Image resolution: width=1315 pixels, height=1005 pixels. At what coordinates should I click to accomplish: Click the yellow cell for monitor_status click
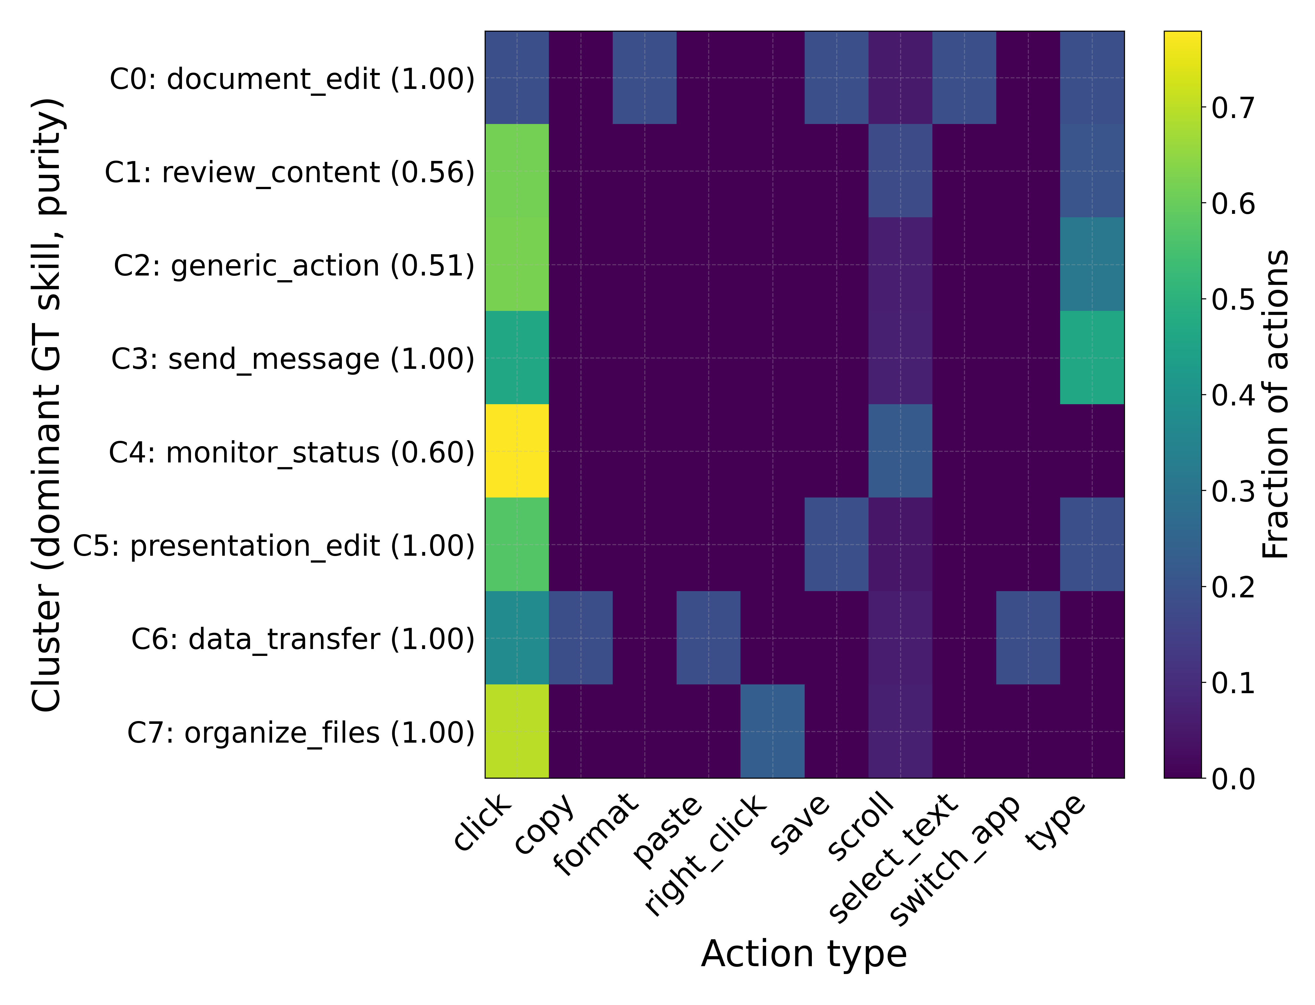click(x=517, y=451)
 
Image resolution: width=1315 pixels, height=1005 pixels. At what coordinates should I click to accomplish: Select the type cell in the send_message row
click(x=1092, y=358)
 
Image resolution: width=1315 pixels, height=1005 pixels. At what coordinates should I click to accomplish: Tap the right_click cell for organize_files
click(x=772, y=731)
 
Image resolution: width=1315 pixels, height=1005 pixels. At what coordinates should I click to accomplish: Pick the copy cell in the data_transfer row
click(x=581, y=638)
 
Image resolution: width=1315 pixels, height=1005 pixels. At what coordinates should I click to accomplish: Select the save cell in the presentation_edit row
click(x=836, y=544)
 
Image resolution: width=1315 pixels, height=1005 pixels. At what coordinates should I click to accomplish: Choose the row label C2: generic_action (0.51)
click(x=294, y=265)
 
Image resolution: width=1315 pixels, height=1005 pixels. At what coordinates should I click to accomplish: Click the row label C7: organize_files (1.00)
click(x=300, y=733)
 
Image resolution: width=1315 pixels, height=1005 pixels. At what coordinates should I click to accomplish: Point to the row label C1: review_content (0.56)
click(x=290, y=172)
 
